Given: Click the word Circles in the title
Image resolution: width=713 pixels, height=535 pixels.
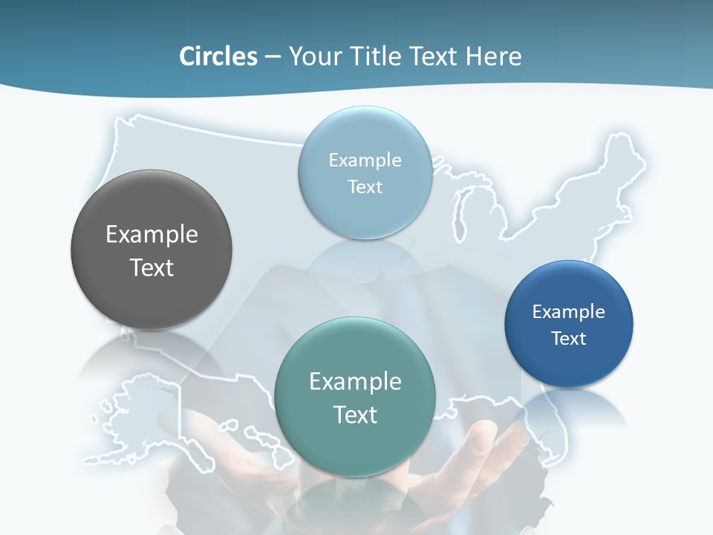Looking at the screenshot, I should [218, 56].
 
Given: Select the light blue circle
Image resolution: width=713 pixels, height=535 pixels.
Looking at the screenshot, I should [365, 215].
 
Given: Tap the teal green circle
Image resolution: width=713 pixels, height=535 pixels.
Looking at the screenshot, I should [355, 446].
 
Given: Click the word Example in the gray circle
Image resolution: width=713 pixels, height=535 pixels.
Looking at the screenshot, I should [152, 235].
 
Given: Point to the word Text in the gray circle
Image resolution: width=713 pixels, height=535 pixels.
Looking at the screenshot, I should [152, 267].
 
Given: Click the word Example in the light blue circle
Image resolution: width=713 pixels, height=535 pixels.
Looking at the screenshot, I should [365, 160].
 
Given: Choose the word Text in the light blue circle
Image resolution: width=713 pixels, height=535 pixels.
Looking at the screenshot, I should [365, 187].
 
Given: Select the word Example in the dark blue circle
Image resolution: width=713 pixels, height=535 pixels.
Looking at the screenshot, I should [569, 311].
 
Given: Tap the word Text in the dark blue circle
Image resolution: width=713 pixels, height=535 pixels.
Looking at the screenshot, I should [569, 339].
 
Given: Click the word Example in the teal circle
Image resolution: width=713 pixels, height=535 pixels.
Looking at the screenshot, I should [355, 382].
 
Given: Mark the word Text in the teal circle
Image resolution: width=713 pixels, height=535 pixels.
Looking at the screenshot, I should [355, 415].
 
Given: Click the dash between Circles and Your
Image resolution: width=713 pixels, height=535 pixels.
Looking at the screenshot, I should [273, 57].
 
